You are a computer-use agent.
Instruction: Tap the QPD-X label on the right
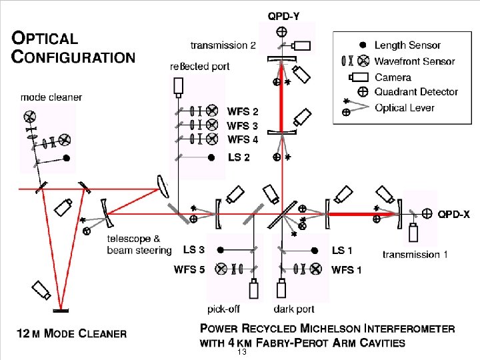point(453,214)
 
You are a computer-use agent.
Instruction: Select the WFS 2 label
point(243,111)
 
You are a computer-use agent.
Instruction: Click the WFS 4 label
point(243,139)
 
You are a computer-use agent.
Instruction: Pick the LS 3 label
point(193,250)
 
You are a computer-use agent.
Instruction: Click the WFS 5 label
point(189,269)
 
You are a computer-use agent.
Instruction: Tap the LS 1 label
point(343,250)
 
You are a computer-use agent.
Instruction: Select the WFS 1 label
point(347,269)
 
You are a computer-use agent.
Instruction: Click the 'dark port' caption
point(293,309)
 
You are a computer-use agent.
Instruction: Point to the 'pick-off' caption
point(223,309)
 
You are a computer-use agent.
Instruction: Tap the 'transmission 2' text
point(223,45)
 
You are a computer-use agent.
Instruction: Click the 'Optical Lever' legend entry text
point(404,107)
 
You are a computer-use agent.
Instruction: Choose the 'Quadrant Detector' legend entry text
point(416,91)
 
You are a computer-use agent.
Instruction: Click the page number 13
point(242,352)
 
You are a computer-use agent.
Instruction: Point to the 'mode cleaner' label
point(51,97)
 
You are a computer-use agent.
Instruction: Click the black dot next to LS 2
point(211,158)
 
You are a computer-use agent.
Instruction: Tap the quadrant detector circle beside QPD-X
point(427,214)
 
